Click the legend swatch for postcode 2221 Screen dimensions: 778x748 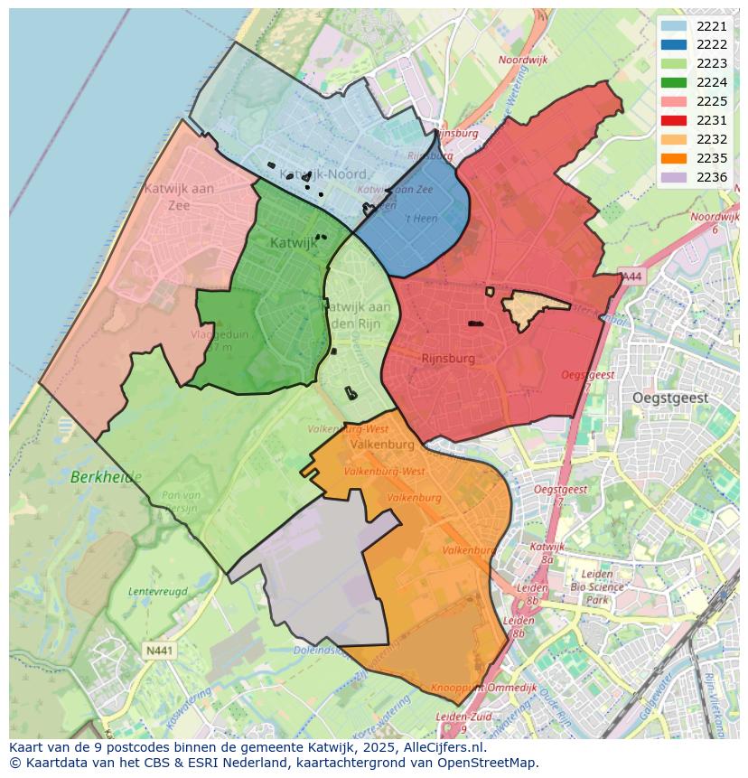[x=673, y=27]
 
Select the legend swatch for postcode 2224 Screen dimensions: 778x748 [x=673, y=82]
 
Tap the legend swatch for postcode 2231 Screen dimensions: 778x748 [x=673, y=120]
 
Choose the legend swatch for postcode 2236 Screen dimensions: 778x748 [x=673, y=177]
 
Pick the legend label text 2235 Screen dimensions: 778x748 [x=712, y=158]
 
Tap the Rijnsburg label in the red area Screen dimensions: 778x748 [x=447, y=359]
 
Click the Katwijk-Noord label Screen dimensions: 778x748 [x=323, y=173]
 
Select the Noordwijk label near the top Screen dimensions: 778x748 [x=523, y=61]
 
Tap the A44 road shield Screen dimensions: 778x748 [x=631, y=277]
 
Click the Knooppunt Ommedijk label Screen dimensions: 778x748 [x=483, y=688]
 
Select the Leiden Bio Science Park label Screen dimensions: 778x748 [x=596, y=586]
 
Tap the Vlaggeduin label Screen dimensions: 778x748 [x=220, y=334]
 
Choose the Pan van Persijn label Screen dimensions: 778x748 [x=180, y=501]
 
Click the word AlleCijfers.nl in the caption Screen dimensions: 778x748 [x=441, y=747]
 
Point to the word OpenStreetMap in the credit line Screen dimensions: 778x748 [x=489, y=763]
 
